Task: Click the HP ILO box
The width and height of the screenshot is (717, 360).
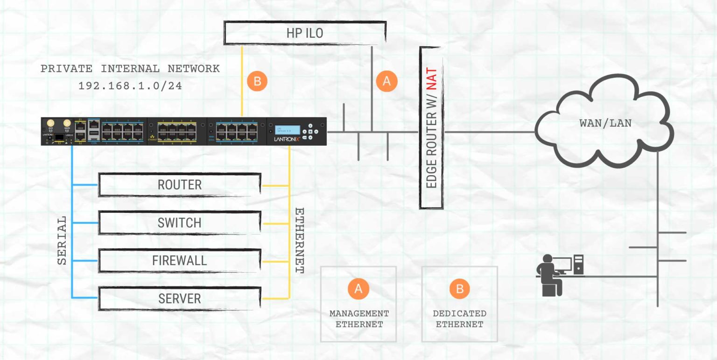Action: click(304, 33)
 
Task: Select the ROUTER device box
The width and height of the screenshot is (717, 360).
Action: click(179, 185)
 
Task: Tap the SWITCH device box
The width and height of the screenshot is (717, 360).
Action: click(179, 223)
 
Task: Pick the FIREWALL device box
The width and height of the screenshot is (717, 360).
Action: click(179, 261)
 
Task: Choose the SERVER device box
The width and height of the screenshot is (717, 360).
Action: click(179, 298)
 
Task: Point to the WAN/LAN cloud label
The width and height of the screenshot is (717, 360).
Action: click(605, 124)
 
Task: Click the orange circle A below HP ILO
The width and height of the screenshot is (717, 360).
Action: click(387, 81)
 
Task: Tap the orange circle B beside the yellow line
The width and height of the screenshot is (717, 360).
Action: click(257, 81)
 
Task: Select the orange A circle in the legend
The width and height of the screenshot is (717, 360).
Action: click(358, 288)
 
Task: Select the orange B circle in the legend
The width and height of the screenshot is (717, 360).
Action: click(460, 288)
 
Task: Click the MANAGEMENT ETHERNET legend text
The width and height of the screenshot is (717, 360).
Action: click(359, 318)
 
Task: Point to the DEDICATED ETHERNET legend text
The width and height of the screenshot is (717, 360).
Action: click(460, 318)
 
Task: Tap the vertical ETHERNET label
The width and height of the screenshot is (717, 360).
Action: click(299, 240)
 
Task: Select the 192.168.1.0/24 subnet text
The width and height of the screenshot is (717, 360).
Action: click(130, 86)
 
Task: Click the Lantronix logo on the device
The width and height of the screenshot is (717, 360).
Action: click(284, 139)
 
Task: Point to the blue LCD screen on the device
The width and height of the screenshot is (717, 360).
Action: click(284, 129)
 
